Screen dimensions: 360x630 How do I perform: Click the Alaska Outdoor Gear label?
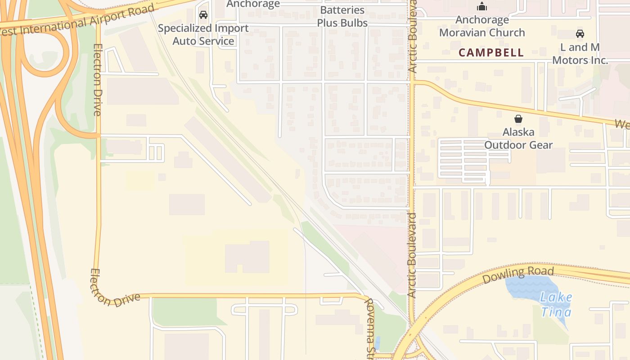[x=518, y=139]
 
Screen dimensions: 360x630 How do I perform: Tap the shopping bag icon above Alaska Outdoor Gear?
[x=518, y=119]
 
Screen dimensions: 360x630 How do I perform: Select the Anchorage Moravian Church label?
[x=482, y=26]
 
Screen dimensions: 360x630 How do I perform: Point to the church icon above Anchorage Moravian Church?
[x=482, y=6]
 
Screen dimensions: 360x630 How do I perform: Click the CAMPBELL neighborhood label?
[x=491, y=53]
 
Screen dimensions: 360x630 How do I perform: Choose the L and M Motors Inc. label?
[x=580, y=54]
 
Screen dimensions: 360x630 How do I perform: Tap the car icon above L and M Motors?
[x=580, y=34]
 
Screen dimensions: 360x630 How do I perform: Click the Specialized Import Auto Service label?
[x=203, y=35]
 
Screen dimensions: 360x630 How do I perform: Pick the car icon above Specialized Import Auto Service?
[x=203, y=15]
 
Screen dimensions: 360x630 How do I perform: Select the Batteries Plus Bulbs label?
[x=342, y=17]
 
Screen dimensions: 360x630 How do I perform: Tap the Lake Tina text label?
[x=557, y=305]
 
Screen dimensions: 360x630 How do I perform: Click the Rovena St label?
[x=370, y=325]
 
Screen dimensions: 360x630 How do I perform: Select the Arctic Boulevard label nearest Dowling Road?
[x=412, y=255]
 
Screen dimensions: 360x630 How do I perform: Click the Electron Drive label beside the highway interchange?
[x=97, y=80]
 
